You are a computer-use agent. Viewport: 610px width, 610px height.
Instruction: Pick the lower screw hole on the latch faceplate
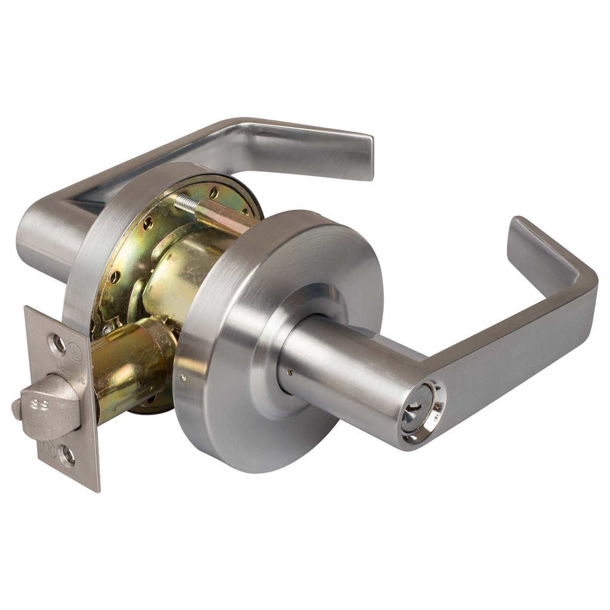pos(68,457)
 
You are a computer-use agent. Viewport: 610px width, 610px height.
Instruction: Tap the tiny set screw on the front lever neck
pos(290,373)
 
